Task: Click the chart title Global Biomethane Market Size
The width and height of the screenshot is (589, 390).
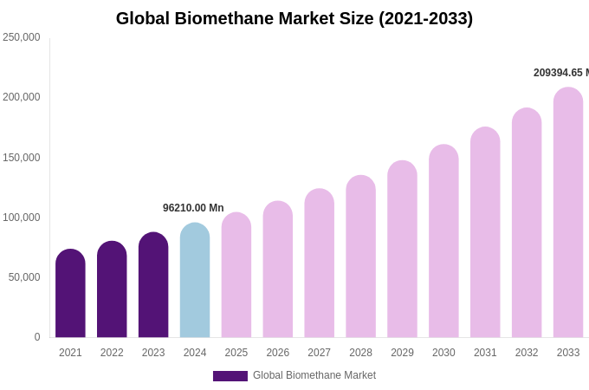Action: (294, 18)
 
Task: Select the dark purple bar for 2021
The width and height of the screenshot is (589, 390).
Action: (70, 294)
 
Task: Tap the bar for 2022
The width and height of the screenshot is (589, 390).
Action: (112, 289)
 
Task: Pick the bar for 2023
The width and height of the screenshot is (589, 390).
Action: (153, 285)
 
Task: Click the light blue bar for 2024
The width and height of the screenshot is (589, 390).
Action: (195, 281)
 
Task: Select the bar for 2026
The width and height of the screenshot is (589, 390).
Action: (278, 270)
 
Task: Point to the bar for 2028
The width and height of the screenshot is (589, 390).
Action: (360, 257)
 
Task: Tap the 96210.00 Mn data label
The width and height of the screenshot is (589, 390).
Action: (193, 208)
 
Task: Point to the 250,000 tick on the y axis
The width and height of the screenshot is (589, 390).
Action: (22, 37)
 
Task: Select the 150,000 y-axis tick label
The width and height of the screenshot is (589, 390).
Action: (22, 158)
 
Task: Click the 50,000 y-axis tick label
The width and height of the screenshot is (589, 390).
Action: (24, 277)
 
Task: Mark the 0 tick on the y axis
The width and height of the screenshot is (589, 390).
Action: (36, 337)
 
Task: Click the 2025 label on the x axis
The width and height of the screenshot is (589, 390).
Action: (236, 353)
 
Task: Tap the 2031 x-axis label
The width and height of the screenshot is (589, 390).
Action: (485, 353)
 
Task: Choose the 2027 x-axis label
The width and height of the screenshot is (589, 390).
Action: (319, 353)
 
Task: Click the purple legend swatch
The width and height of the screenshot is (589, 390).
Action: (230, 376)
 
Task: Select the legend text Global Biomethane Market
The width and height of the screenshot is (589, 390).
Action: (314, 375)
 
